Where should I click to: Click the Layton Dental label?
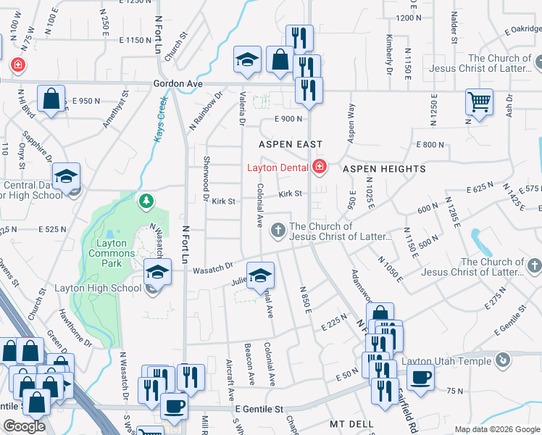pyautogui.click(x=278, y=168)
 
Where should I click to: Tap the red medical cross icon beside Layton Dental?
pyautogui.click(x=320, y=168)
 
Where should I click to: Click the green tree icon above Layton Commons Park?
pyautogui.click(x=146, y=200)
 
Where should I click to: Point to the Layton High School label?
pyautogui.click(x=98, y=288)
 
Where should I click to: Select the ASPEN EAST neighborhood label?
pyautogui.click(x=290, y=144)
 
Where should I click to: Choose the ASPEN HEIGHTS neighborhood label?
pyautogui.click(x=384, y=169)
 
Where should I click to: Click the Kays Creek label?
pyautogui.click(x=160, y=120)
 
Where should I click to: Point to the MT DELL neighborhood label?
pyautogui.click(x=351, y=423)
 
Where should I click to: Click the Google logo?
pyautogui.click(x=24, y=426)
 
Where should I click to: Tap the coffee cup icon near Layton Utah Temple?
pyautogui.click(x=420, y=376)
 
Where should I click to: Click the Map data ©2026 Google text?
pyautogui.click(x=496, y=429)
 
